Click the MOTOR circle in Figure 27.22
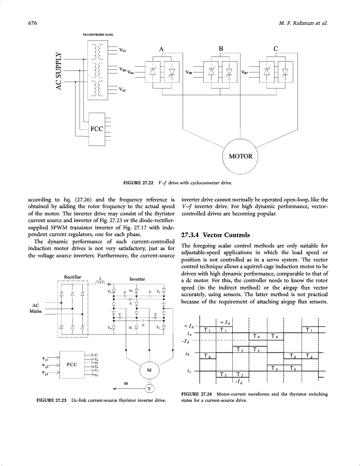pos(239,156)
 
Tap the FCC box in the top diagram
pos(97,128)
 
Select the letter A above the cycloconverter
pos(161,49)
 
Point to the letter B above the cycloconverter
pos(221,49)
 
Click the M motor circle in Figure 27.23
pos(149,370)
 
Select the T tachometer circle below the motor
pos(149,388)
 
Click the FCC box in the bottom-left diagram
pos(72,365)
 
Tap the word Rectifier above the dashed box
pos(72,276)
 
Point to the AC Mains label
pos(36,308)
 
